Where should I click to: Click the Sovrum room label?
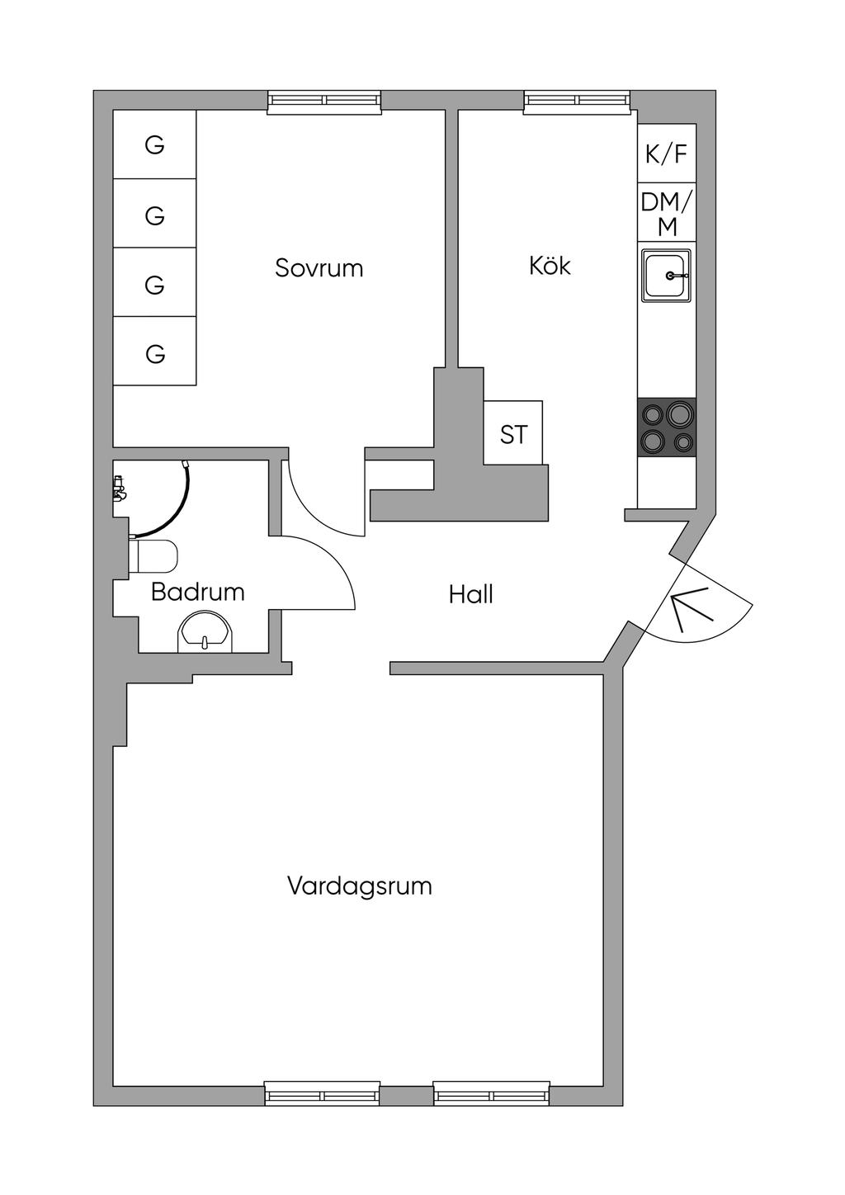[319, 268]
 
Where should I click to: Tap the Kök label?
[550, 265]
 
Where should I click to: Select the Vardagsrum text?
[360, 886]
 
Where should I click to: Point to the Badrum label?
[197, 592]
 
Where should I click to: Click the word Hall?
[470, 593]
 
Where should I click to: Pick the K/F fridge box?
[666, 154]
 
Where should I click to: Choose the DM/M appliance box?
[666, 212]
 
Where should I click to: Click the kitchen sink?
[666, 276]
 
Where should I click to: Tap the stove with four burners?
[666, 427]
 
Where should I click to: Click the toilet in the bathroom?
[153, 556]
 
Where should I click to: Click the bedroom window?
[324, 102]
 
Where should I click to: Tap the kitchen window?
[577, 102]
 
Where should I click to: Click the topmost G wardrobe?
[154, 144]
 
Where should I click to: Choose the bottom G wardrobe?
[154, 351]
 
